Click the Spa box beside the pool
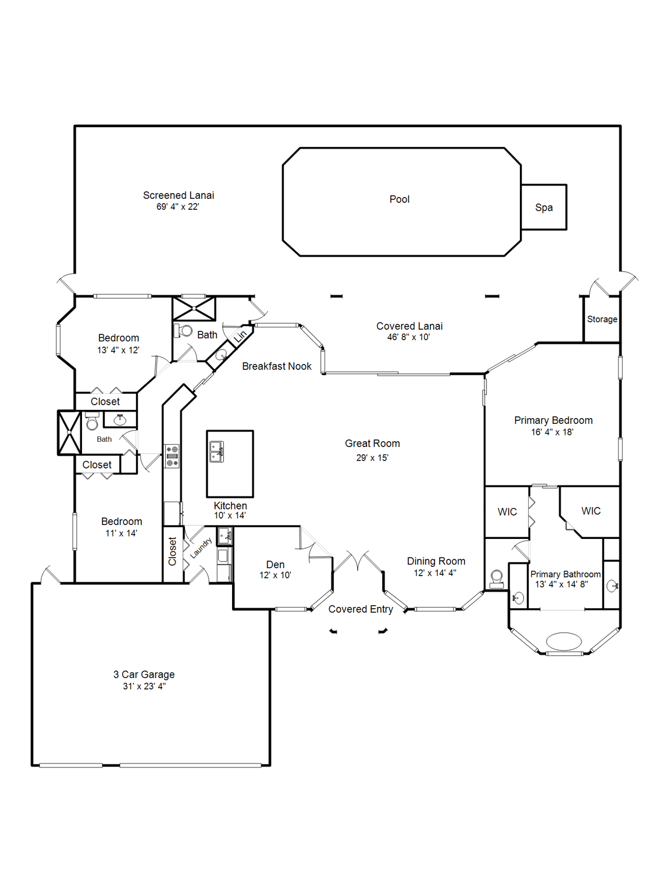[x=544, y=208]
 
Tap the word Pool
[x=400, y=199]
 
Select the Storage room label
[x=602, y=319]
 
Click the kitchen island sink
[x=216, y=451]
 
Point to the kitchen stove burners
[x=172, y=456]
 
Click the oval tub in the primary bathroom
[x=564, y=641]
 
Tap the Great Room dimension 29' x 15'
[x=372, y=458]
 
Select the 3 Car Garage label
[x=144, y=674]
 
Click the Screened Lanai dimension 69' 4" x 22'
[x=177, y=207]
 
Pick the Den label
[x=275, y=565]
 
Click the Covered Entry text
[x=361, y=609]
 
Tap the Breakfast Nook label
[x=277, y=366]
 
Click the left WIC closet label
[x=507, y=512]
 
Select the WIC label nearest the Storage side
[x=591, y=511]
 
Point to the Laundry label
[x=201, y=548]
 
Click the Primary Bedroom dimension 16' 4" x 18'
[x=552, y=433]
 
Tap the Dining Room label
[x=436, y=561]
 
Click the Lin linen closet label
[x=240, y=336]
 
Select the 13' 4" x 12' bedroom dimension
[x=118, y=350]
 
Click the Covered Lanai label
[x=409, y=326]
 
